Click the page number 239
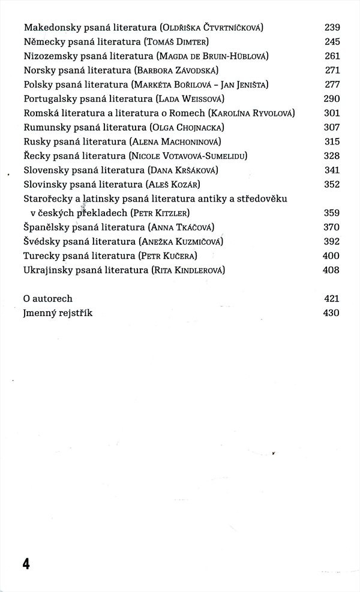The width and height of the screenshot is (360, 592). click(x=332, y=28)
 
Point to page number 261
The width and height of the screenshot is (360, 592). click(x=332, y=56)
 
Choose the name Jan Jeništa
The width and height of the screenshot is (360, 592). click(x=244, y=85)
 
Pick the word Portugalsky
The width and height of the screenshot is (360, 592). click(x=49, y=99)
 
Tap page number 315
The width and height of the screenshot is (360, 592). click(x=332, y=142)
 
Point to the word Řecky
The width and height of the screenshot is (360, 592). click(x=36, y=156)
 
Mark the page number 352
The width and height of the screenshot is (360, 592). click(x=332, y=184)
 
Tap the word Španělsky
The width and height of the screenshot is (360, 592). click(x=47, y=227)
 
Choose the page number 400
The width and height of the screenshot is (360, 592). click(x=332, y=256)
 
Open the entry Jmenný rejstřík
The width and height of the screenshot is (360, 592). click(x=58, y=312)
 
